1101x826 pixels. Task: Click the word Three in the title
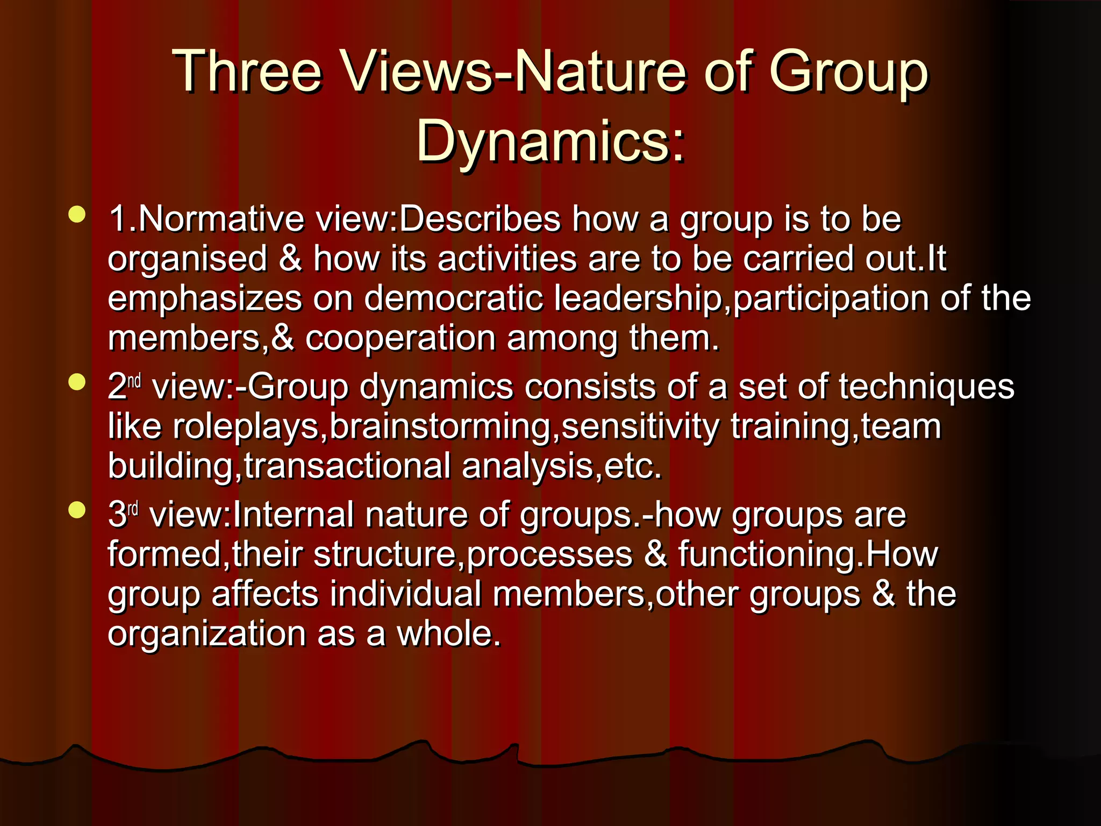pos(247,72)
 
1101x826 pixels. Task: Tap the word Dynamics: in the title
pos(550,141)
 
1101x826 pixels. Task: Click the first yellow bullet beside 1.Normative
pos(77,214)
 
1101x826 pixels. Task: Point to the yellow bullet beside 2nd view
pos(77,382)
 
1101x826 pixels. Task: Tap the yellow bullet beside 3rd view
pos(77,510)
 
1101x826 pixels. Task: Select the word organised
pos(188,260)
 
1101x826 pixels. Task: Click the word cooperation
pos(401,339)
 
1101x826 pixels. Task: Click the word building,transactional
pos(279,466)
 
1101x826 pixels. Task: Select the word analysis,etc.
pos(562,466)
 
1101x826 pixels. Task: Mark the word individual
pos(406,594)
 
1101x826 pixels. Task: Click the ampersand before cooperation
pos(283,339)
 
